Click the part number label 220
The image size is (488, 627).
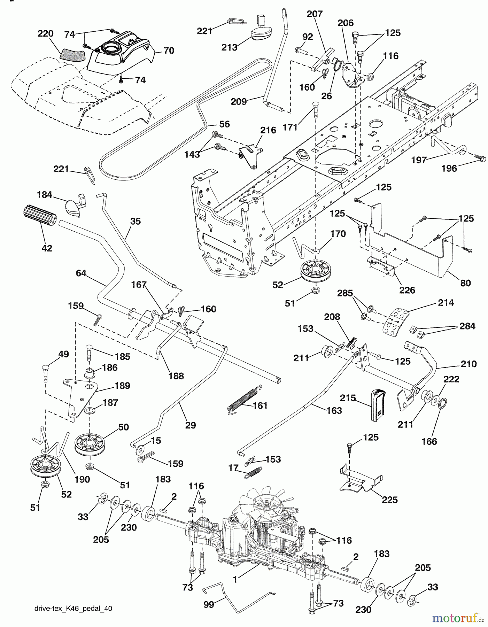pyautogui.click(x=45, y=34)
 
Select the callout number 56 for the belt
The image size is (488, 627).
pyautogui.click(x=225, y=124)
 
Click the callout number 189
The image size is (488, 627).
pyautogui.click(x=122, y=386)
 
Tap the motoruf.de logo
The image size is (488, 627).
pyautogui.click(x=455, y=618)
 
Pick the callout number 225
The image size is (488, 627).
pyautogui.click(x=389, y=500)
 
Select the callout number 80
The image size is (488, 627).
pyautogui.click(x=465, y=282)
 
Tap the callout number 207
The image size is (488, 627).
pyautogui.click(x=315, y=14)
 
